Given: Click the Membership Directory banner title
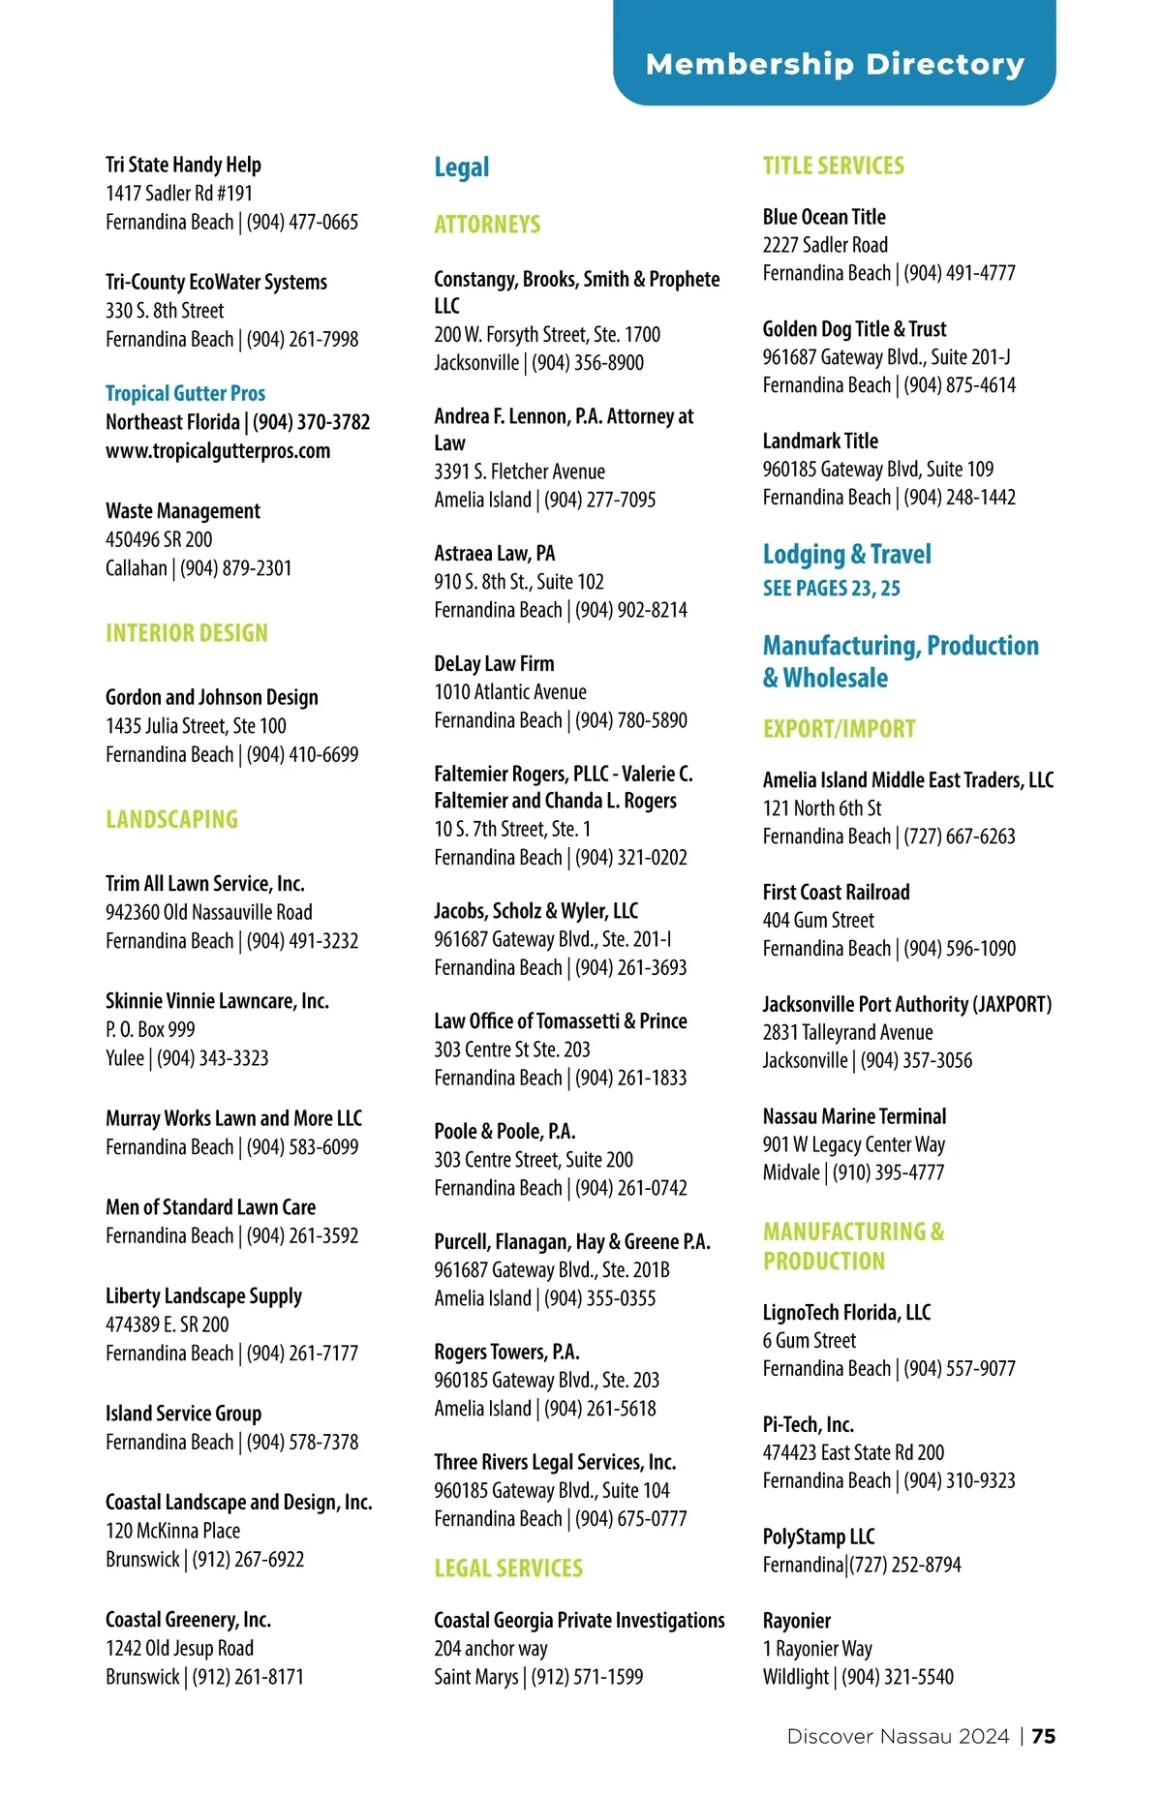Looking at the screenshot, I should pyautogui.click(x=835, y=65).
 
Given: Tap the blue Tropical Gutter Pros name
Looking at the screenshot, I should pyautogui.click(x=185, y=393).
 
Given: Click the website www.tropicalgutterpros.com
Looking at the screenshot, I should pyautogui.click(x=218, y=451).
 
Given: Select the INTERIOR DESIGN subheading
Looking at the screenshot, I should pyautogui.click(x=187, y=633).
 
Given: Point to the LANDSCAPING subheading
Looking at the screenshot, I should pyautogui.click(x=171, y=819).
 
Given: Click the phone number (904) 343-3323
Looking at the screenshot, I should pyautogui.click(x=213, y=1058).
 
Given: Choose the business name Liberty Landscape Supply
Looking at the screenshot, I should pyautogui.click(x=203, y=1295).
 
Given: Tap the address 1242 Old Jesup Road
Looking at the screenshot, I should pyautogui.click(x=179, y=1648).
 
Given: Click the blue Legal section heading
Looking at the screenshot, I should pyautogui.click(x=461, y=167).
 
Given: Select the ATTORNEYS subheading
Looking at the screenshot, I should pyautogui.click(x=487, y=225).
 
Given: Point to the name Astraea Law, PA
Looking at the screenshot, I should pyautogui.click(x=494, y=553).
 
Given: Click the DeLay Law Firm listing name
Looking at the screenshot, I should pyautogui.click(x=494, y=663).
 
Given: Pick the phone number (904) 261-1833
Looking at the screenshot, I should pyautogui.click(x=631, y=1078).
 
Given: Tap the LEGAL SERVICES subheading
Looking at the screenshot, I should pyautogui.click(x=508, y=1568).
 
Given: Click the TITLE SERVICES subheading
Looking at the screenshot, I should pyautogui.click(x=833, y=166).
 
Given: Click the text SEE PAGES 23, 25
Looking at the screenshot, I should pyautogui.click(x=831, y=588).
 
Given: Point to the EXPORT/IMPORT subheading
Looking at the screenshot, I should pyautogui.click(x=839, y=729).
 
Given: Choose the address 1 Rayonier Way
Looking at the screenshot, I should pyautogui.click(x=817, y=1648).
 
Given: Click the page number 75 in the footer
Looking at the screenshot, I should pyautogui.click(x=1043, y=1736).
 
